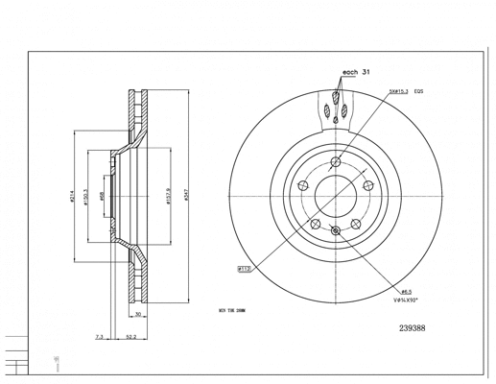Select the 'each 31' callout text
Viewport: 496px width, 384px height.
[x=356, y=73]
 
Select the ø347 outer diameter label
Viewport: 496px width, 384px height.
[x=186, y=192]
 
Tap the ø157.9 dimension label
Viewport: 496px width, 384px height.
[x=169, y=195]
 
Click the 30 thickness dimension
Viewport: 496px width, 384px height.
[x=138, y=314]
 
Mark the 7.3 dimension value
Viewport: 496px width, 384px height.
[x=100, y=337]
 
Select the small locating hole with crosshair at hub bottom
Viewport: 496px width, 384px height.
[x=335, y=229]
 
